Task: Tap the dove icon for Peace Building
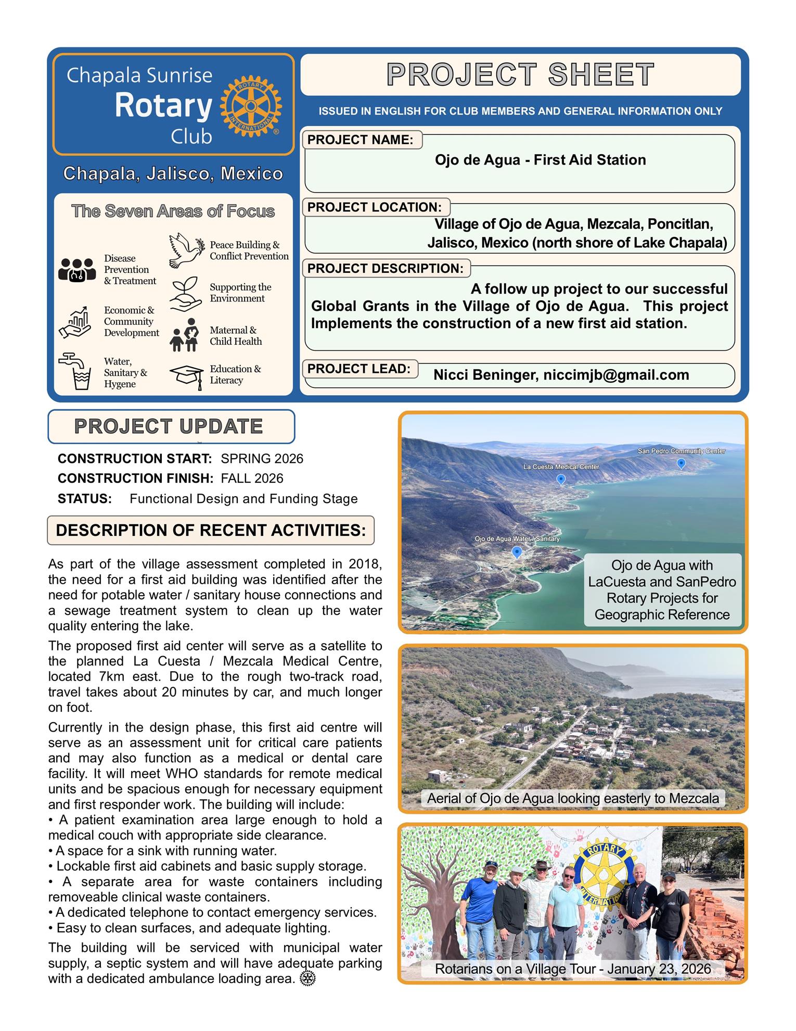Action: (186, 250)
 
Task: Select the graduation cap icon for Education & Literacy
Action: (186, 375)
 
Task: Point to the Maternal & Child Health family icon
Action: (185, 335)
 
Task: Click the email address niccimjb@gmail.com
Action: (616, 375)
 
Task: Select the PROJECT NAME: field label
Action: (360, 140)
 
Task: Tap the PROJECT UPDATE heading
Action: (169, 426)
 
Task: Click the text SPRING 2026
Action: (262, 459)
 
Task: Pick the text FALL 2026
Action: (252, 479)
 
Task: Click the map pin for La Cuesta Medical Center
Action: (561, 479)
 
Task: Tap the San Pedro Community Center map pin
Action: (681, 463)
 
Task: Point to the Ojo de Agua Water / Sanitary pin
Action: (517, 552)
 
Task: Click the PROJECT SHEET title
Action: (520, 74)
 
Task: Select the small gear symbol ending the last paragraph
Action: (307, 978)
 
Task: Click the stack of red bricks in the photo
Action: (715, 922)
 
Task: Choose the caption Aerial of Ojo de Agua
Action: (573, 798)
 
